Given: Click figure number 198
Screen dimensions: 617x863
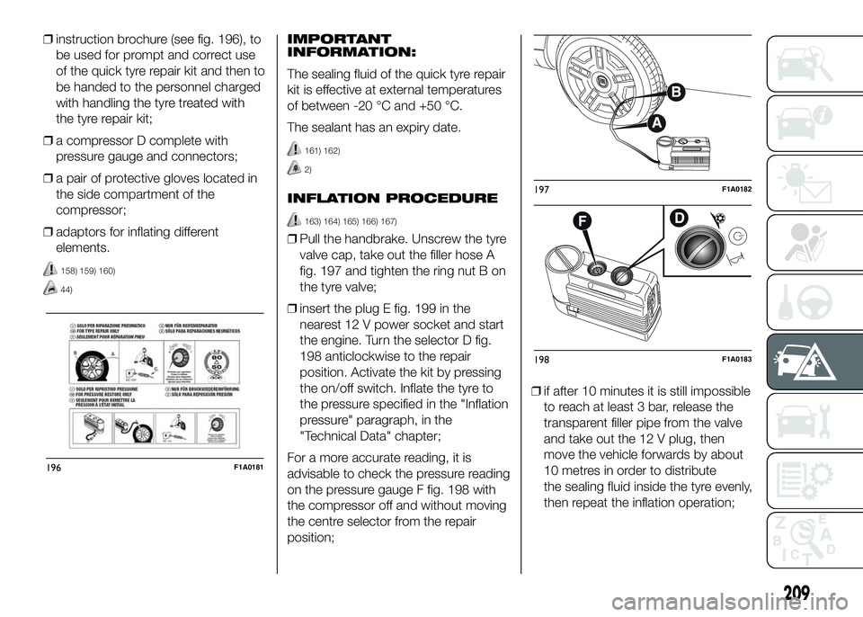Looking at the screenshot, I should pyautogui.click(x=541, y=359).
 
